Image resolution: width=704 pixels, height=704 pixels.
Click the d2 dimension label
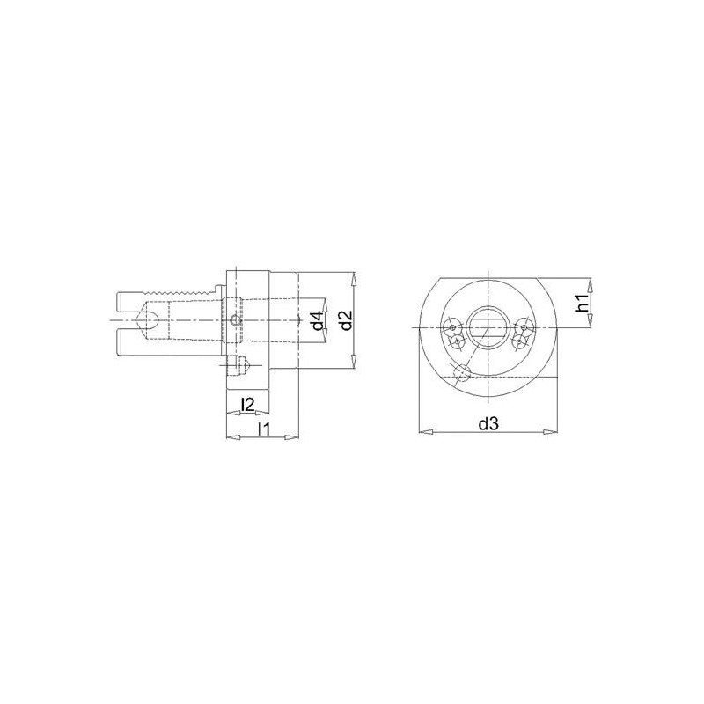346,320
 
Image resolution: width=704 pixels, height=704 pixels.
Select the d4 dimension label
318,320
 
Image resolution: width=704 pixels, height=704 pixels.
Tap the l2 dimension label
248,405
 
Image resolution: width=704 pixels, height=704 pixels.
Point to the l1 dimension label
263,429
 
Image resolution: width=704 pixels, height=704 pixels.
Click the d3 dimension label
488,423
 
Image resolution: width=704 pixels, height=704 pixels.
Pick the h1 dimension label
583,304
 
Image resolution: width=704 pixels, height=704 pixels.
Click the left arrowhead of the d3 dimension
425,432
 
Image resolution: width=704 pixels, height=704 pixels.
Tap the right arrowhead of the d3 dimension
551,432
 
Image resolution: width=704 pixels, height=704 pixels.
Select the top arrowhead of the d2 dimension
354,279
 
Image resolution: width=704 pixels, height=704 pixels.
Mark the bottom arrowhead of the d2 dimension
354,363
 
